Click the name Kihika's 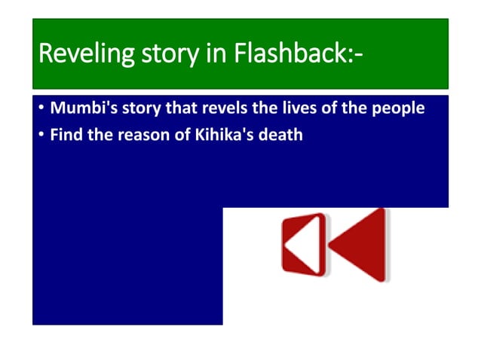pos(221,136)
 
